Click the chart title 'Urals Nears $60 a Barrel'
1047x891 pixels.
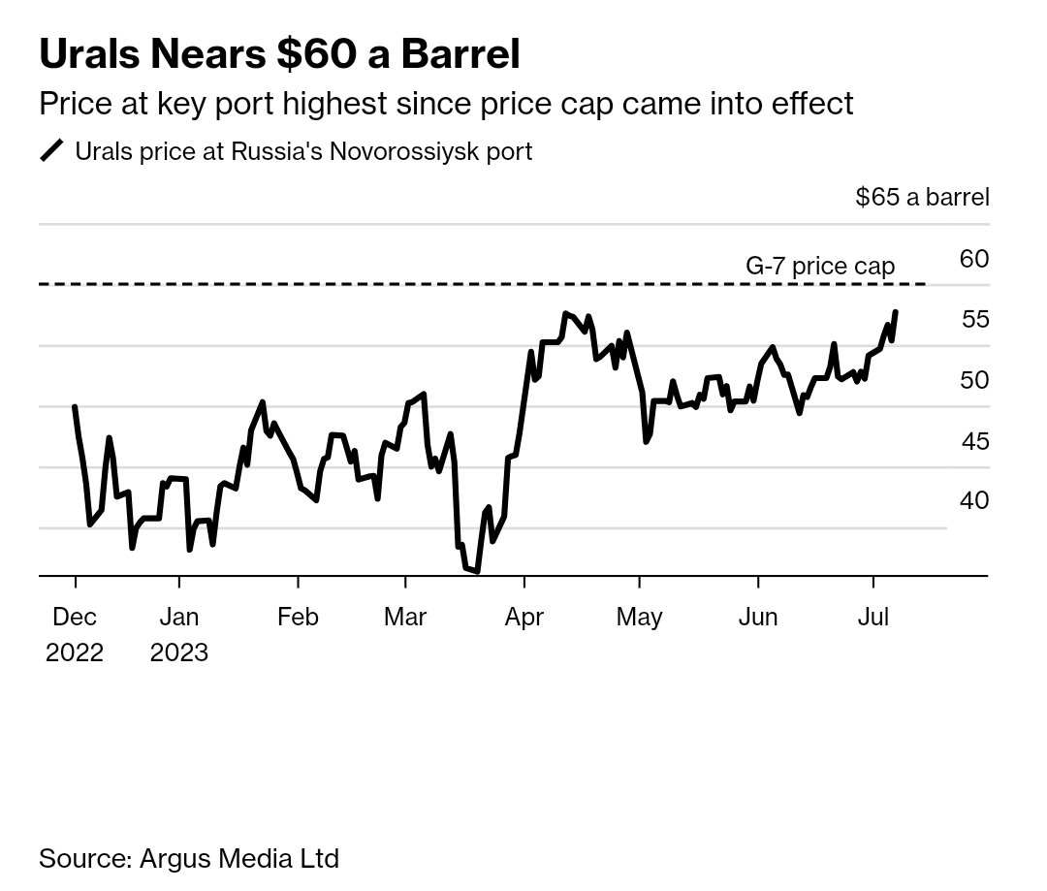(x=279, y=55)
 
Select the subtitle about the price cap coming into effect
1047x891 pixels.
(x=446, y=103)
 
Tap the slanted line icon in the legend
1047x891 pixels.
(x=51, y=151)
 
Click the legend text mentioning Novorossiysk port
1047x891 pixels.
(x=303, y=152)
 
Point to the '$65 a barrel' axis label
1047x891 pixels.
(x=922, y=198)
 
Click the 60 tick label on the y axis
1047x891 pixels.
(x=973, y=259)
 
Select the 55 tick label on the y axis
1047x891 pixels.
(x=974, y=319)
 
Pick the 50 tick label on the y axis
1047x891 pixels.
(x=974, y=380)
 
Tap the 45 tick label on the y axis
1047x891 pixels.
(x=974, y=441)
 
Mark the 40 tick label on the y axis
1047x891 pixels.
(x=974, y=500)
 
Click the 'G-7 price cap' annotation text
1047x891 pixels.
(x=819, y=266)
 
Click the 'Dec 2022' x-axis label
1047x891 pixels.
(x=75, y=634)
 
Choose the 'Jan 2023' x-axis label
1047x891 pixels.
(x=179, y=634)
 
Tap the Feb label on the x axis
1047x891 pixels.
(x=298, y=618)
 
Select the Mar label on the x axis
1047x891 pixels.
(x=405, y=618)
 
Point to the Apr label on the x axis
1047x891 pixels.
(x=524, y=618)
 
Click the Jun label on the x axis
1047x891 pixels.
(x=758, y=618)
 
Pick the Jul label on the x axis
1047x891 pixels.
(x=873, y=618)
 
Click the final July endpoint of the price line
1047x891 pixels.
(x=895, y=312)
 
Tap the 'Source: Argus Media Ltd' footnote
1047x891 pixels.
(x=189, y=858)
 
